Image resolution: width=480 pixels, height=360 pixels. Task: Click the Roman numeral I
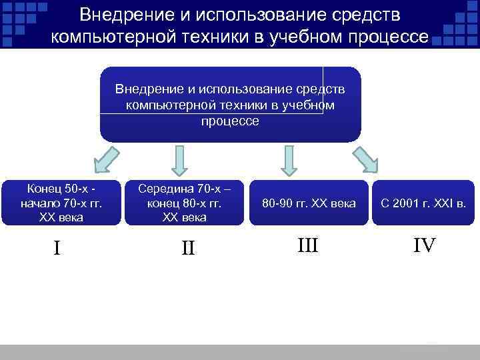click(57, 248)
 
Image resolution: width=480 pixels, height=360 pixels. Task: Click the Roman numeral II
click(188, 248)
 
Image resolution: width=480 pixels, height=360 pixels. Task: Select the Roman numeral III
click(308, 245)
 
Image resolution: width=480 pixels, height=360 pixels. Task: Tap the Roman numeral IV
click(424, 245)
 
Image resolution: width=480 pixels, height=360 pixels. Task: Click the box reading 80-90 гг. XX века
click(309, 203)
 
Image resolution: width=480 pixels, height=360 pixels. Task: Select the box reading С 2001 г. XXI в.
click(423, 203)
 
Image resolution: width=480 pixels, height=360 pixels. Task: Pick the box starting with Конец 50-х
click(61, 203)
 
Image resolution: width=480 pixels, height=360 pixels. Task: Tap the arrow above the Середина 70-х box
click(179, 160)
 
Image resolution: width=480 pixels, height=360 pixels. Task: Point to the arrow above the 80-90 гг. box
click(288, 160)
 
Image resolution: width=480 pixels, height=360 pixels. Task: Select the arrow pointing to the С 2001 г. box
click(365, 160)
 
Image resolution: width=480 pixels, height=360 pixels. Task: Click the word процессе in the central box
click(230, 122)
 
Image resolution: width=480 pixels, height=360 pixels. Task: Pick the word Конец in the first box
click(41, 189)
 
